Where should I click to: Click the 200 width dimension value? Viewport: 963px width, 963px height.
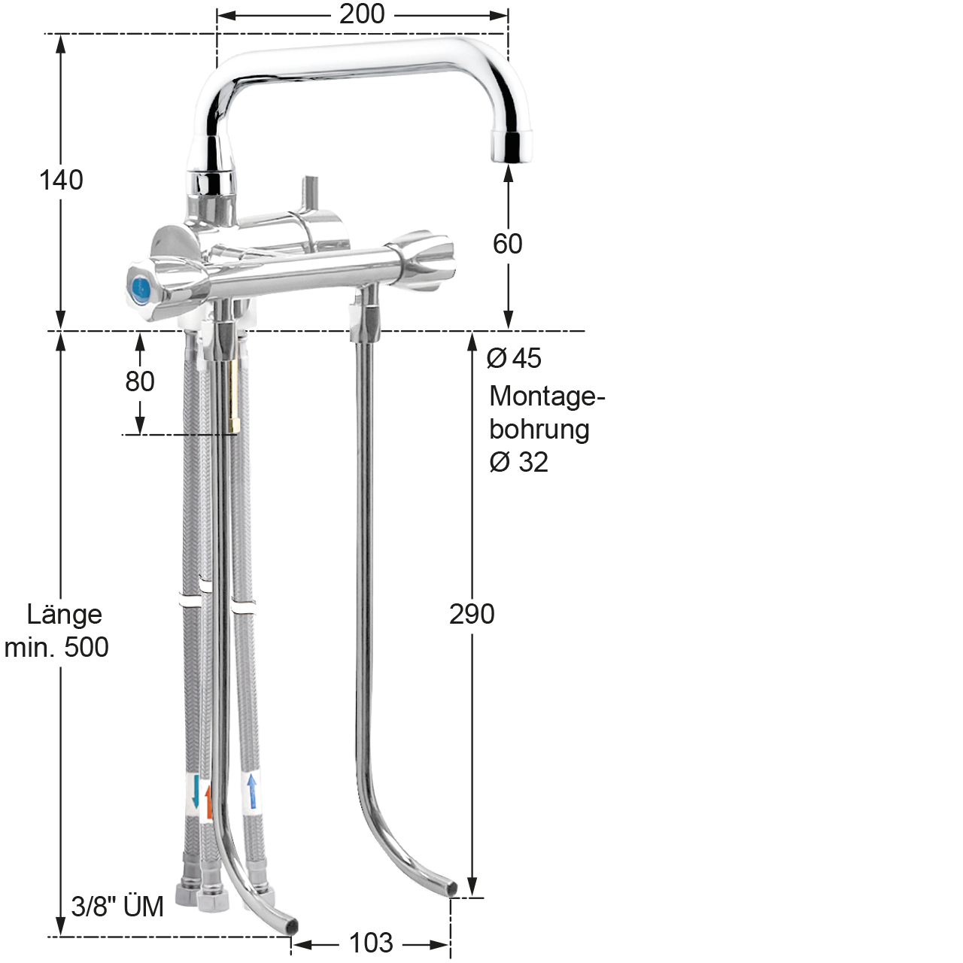(362, 14)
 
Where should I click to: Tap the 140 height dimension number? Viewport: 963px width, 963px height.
(61, 180)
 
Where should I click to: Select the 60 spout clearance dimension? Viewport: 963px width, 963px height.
(507, 244)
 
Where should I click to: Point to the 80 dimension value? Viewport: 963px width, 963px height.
(139, 381)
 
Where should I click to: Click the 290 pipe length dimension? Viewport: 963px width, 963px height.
(472, 614)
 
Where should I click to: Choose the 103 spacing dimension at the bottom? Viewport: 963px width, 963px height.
(372, 943)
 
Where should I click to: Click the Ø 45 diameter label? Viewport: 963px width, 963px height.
(514, 358)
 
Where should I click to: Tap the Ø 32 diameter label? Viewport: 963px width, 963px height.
(518, 462)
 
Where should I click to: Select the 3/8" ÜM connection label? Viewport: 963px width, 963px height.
(117, 906)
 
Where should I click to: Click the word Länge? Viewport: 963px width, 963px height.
(65, 614)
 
